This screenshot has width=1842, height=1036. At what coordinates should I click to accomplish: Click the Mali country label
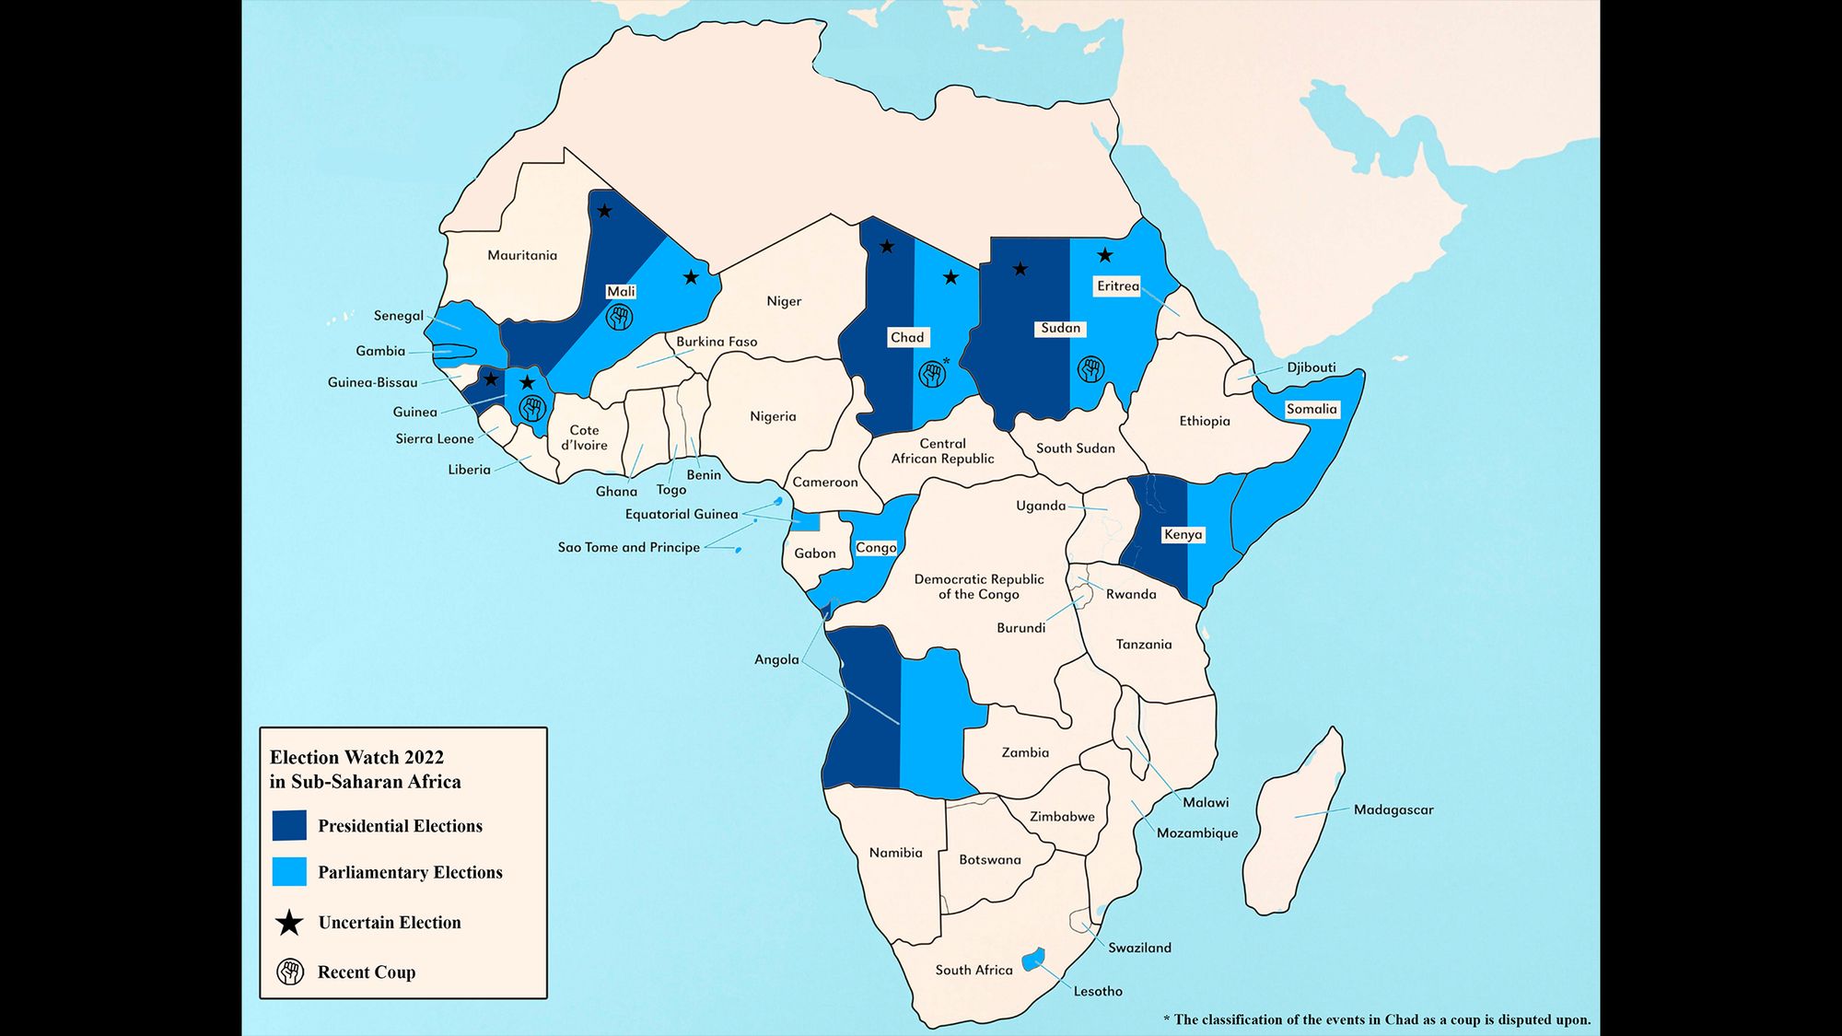[x=621, y=292]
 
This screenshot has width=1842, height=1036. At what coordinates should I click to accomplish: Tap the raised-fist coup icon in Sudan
[x=1090, y=370]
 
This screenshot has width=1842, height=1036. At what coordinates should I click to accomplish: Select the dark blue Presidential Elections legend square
[x=289, y=825]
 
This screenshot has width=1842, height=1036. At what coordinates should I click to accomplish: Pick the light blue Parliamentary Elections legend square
[x=289, y=871]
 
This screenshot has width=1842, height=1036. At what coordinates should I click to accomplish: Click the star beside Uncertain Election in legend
[x=290, y=923]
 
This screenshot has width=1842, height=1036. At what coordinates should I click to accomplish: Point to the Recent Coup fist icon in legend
[x=290, y=972]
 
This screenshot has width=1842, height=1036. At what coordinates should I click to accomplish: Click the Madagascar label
[x=1393, y=810]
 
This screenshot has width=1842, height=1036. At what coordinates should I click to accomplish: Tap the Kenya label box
[x=1183, y=534]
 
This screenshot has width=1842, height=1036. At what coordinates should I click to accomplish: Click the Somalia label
[x=1311, y=409]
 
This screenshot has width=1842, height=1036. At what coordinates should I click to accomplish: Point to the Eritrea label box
[x=1117, y=286]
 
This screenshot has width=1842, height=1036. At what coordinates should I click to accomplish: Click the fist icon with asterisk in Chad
[x=932, y=374]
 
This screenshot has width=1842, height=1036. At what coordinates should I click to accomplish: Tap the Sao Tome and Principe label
[x=628, y=547]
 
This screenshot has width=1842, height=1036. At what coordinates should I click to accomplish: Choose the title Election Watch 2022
[x=356, y=757]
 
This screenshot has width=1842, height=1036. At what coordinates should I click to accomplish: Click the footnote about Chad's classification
[x=1376, y=1019]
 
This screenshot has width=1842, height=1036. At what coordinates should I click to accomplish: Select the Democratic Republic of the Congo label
[x=978, y=587]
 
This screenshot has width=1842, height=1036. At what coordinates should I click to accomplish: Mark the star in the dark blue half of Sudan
[x=1020, y=269]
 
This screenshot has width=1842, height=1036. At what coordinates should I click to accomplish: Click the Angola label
[x=776, y=659]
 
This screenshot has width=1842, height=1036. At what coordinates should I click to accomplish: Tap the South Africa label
[x=973, y=970]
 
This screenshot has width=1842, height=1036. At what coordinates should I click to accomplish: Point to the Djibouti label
[x=1311, y=367]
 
